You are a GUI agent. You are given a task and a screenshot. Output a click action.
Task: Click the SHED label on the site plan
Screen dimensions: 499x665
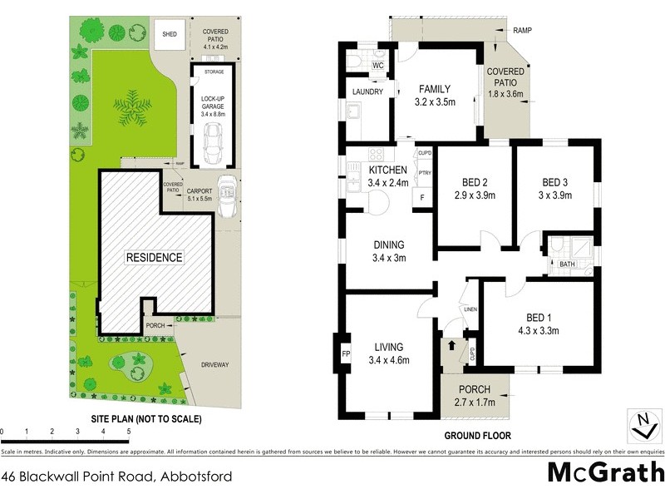(170, 35)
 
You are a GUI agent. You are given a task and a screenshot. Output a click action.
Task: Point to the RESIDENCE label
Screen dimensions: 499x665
(154, 257)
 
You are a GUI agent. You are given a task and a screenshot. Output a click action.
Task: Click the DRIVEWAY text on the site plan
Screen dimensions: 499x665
(213, 364)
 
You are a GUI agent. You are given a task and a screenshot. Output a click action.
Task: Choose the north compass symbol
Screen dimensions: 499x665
(641, 424)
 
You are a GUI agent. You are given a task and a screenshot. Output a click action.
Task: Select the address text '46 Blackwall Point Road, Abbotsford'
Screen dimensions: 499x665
(116, 477)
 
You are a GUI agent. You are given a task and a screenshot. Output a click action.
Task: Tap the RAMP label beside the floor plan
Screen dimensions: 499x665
(522, 31)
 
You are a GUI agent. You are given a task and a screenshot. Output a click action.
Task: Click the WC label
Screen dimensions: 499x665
(377, 65)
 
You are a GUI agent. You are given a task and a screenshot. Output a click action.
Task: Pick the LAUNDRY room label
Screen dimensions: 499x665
(367, 91)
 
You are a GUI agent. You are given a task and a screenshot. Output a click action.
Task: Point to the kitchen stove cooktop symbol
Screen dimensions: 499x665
(375, 154)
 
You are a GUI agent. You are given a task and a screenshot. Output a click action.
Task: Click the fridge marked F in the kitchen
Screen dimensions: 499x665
(422, 198)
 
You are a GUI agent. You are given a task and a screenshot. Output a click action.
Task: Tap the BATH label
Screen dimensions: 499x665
(567, 264)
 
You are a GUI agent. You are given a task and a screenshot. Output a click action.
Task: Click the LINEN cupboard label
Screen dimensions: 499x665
(470, 309)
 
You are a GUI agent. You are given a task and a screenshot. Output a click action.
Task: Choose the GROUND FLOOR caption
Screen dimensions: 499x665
(477, 435)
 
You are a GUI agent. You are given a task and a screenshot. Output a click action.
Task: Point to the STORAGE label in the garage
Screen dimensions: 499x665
(214, 72)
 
